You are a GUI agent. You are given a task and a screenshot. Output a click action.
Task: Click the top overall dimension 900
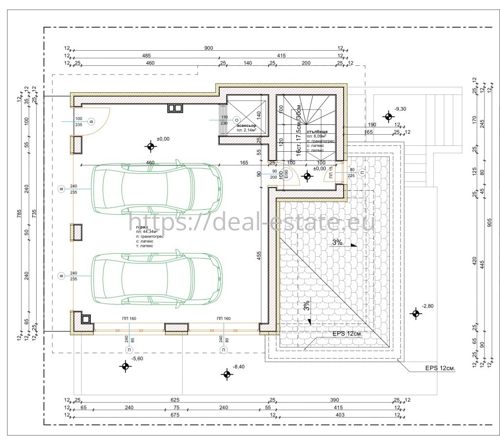point(208,48)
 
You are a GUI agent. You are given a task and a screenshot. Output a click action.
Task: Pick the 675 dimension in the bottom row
point(175,415)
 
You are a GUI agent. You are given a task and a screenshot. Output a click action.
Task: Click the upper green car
point(157,188)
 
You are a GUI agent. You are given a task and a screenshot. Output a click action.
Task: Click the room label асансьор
point(247,126)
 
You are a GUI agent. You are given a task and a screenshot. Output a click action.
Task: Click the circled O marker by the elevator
point(236,119)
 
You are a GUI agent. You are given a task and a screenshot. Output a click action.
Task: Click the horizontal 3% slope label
point(337,242)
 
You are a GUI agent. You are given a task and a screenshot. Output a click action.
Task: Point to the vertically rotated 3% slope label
point(307,305)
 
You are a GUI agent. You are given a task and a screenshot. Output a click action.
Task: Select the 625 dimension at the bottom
point(175,399)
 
